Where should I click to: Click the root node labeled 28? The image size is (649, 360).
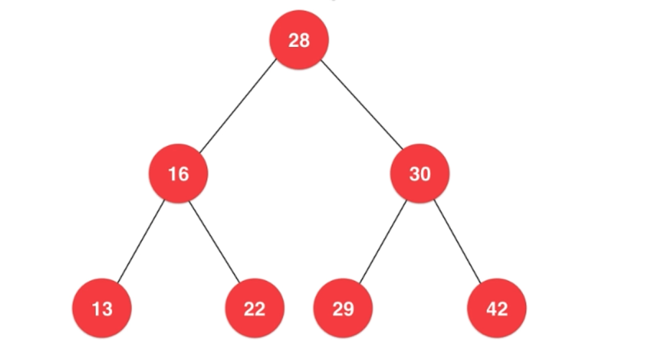[x=299, y=40]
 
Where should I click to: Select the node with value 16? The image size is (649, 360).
[x=178, y=174]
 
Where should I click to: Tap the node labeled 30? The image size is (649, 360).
[x=420, y=174]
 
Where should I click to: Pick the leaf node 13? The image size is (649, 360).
[x=102, y=308]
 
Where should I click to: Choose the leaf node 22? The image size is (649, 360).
[x=255, y=308]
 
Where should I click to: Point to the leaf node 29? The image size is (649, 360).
[x=343, y=308]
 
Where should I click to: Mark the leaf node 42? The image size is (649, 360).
[x=497, y=308]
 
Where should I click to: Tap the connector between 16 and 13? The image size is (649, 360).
[x=141, y=241]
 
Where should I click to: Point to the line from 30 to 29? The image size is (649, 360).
[x=383, y=241]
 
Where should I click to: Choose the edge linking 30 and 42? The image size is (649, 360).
[x=457, y=241]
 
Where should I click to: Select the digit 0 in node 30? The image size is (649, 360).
[x=425, y=174]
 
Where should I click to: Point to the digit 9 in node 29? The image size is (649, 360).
[x=348, y=308]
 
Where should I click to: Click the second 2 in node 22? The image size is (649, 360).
[x=260, y=308]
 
